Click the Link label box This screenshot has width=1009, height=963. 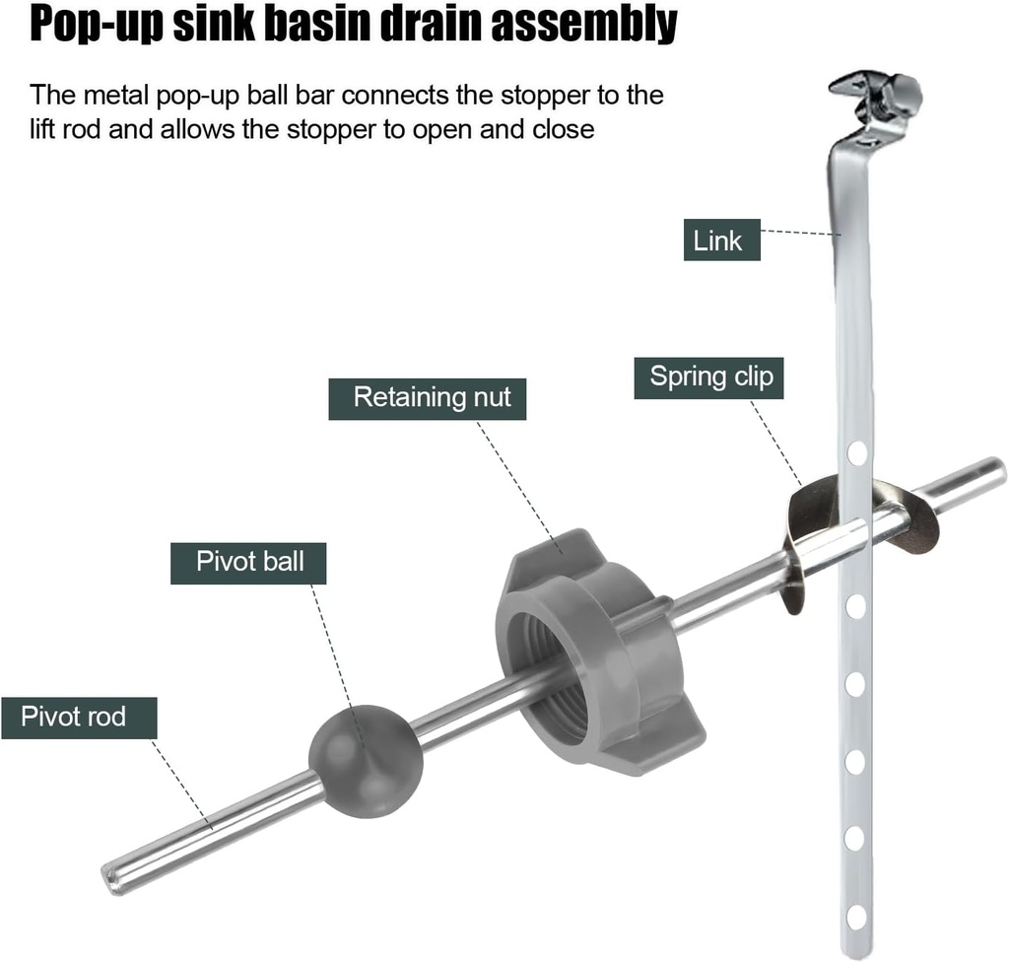point(721,240)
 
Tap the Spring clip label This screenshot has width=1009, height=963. point(708,378)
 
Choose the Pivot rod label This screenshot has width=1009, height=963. point(79,717)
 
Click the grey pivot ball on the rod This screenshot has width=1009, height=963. point(366,759)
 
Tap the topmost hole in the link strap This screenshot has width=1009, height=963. point(856,453)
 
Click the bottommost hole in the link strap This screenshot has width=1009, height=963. point(855,915)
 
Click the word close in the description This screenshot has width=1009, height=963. point(558,129)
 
